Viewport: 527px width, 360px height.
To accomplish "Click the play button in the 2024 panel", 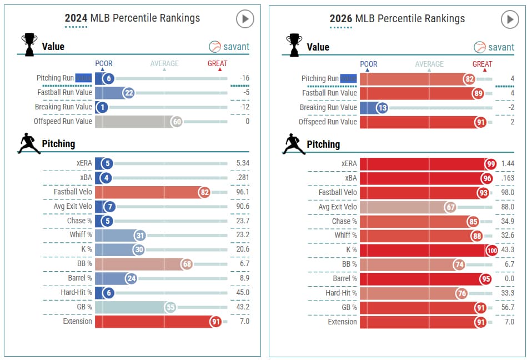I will tap(245, 19).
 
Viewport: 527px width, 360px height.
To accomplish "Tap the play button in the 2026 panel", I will tap(509, 19).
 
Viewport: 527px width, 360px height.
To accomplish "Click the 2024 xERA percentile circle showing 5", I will tap(107, 163).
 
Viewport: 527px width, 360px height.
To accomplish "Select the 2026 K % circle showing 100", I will tap(492, 250).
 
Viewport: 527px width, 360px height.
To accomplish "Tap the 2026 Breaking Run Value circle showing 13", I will tap(382, 108).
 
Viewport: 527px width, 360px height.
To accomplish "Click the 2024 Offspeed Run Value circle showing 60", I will tap(177, 122).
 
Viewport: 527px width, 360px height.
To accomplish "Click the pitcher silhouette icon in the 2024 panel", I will tap(29, 143).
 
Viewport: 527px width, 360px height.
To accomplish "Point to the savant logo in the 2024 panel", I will tap(229, 47).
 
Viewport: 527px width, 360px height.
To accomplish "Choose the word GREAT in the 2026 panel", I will tap(482, 64).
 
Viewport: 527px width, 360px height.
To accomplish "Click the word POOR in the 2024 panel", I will tap(104, 63).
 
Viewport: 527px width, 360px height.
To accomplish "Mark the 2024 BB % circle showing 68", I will tap(187, 263).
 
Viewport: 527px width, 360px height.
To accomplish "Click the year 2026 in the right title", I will tap(341, 19).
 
